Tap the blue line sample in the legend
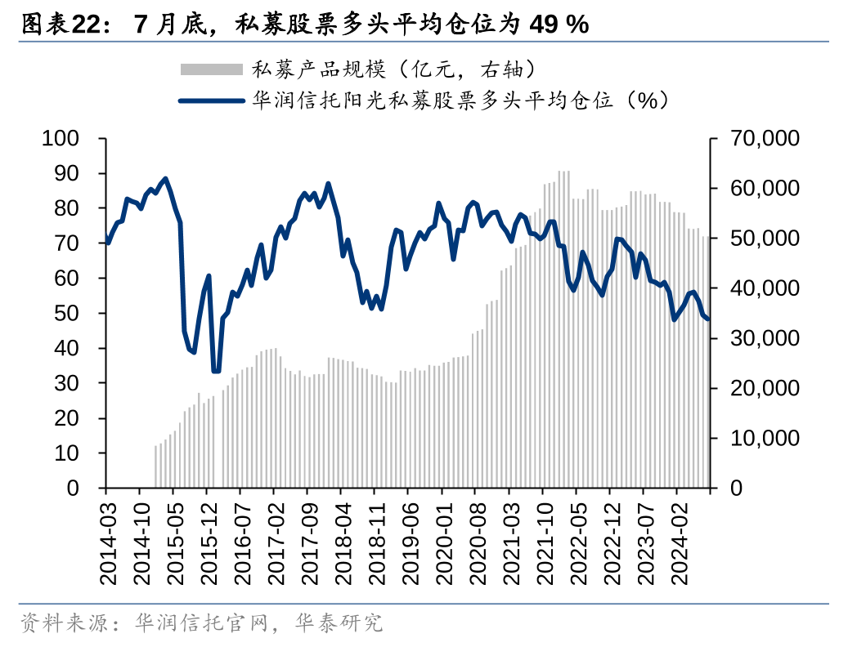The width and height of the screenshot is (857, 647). [211, 100]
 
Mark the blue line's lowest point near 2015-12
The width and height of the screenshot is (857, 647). [216, 371]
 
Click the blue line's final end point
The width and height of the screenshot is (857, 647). [707, 319]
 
